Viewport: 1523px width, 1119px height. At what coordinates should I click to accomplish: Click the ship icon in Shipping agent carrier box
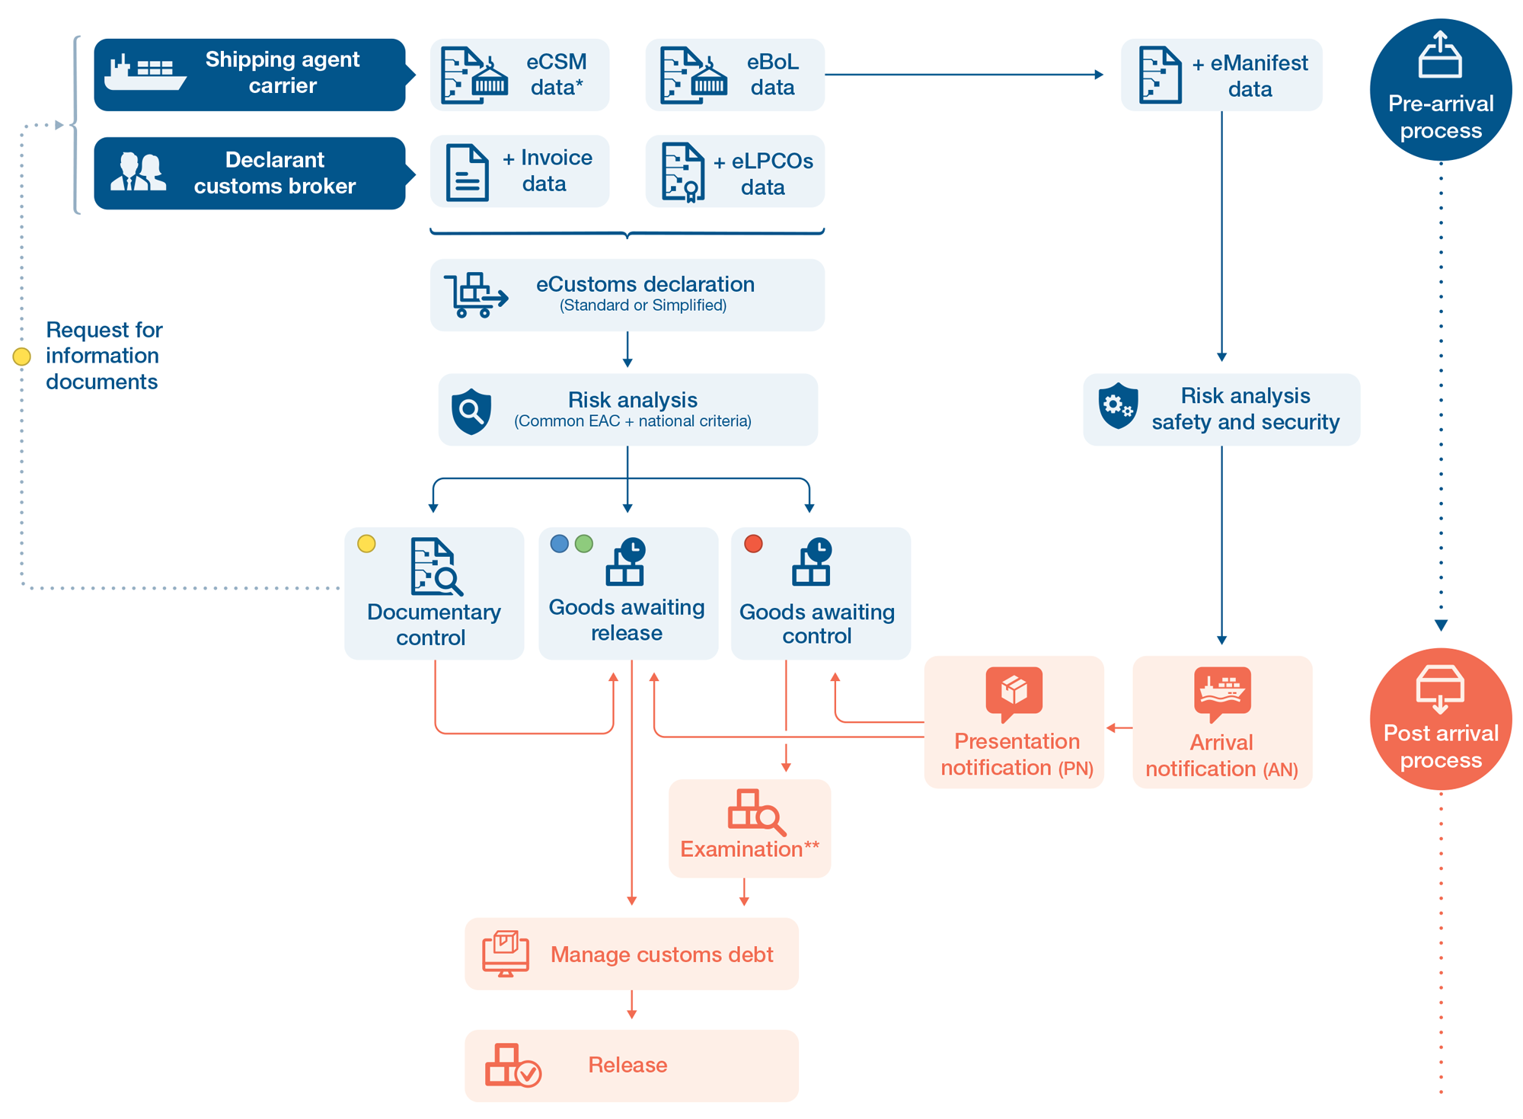coord(145,74)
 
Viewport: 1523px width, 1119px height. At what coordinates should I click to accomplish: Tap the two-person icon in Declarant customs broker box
coord(138,171)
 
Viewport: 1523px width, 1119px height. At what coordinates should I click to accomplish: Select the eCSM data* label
coord(556,75)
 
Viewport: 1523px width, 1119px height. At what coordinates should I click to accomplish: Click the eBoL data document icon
coord(692,75)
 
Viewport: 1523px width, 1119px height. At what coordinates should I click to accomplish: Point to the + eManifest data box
coord(1221,75)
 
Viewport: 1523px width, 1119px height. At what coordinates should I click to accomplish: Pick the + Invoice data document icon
coord(467,173)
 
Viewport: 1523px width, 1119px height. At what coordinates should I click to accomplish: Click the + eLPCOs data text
coord(763,174)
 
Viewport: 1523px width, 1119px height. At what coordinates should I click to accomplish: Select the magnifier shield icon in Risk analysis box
coord(471,411)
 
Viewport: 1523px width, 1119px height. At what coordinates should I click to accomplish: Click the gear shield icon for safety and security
coord(1118,406)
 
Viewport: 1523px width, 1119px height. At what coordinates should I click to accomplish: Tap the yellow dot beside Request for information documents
coord(22,356)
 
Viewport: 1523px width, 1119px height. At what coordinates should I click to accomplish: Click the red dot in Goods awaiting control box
coord(753,543)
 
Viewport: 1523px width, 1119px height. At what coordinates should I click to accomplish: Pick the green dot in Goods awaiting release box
coord(584,543)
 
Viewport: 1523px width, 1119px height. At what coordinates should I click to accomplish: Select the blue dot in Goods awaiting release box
coord(560,543)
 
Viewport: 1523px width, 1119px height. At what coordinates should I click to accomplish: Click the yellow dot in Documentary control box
coord(366,543)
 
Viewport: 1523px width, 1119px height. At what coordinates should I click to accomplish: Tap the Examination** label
coord(749,849)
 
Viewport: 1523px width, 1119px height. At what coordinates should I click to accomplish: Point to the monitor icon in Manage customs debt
coord(505,953)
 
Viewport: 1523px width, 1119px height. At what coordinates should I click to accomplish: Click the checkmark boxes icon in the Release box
coord(512,1065)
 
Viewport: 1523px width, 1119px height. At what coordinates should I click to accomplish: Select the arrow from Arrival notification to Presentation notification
coord(1119,727)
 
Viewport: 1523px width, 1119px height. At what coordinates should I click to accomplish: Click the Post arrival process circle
coord(1440,718)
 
